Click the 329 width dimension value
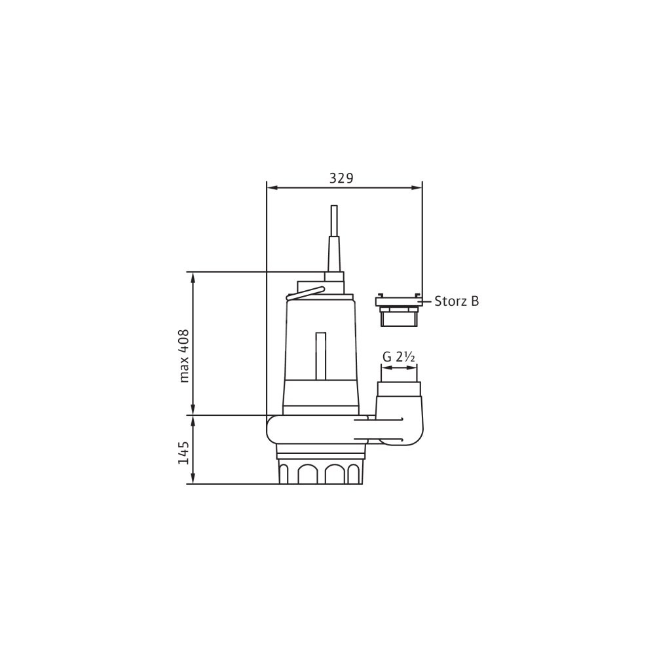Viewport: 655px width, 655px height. point(341,178)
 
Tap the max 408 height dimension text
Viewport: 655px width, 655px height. point(184,356)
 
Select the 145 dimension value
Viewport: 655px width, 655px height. point(184,453)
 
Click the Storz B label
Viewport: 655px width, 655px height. point(457,301)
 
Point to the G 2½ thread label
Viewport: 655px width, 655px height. point(398,357)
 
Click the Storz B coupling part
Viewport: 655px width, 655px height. point(399,310)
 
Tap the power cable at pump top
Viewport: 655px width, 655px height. point(334,221)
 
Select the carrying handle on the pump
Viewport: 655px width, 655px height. point(305,293)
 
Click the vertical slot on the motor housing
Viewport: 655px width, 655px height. point(320,356)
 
